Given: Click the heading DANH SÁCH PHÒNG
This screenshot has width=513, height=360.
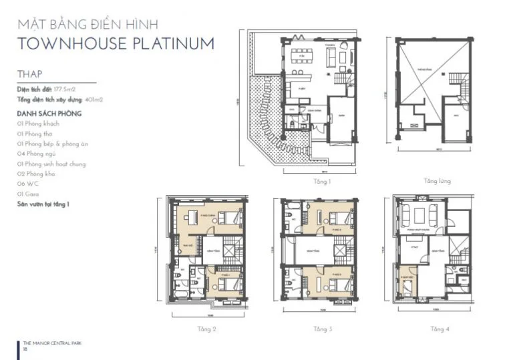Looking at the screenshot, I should (49, 114).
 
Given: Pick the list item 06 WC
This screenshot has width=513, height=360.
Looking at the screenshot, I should (29, 184).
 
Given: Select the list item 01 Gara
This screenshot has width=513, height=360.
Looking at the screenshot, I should (31, 194).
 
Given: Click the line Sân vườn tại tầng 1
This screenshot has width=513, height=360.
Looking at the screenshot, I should (45, 203).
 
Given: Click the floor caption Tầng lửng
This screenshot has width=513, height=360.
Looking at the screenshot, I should (437, 181).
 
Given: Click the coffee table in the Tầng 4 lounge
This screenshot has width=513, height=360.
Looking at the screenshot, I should (420, 215).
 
